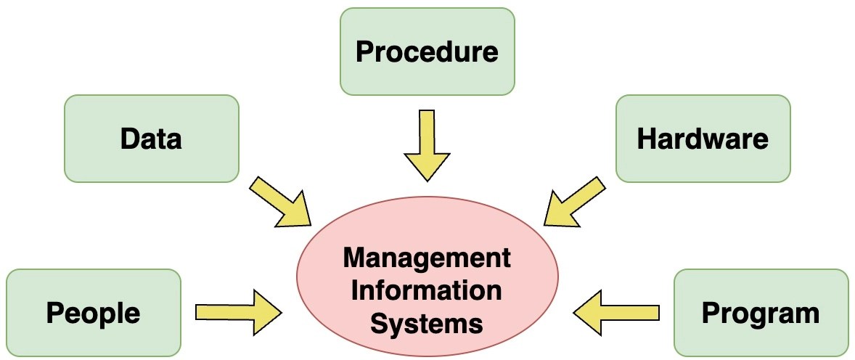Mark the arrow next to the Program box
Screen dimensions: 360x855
pos(616,313)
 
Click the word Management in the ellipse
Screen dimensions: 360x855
pos(427,258)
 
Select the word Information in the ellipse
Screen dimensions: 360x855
pos(427,290)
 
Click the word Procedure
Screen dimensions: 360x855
pos(427,52)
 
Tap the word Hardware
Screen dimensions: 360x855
pos(703,138)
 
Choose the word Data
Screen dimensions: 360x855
pos(151,138)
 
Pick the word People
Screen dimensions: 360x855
pos(93,313)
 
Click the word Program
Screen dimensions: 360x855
pos(761,313)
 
